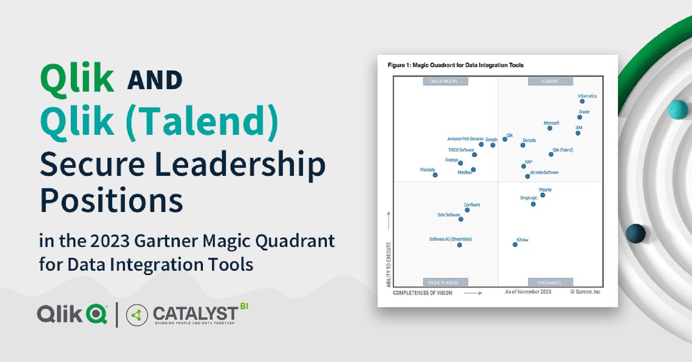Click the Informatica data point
tap(582, 101)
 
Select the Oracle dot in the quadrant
tap(580, 117)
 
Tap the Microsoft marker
tap(550, 128)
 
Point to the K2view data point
tap(515, 245)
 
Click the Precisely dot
tap(435, 175)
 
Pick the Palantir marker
tap(543, 195)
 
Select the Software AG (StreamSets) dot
tap(460, 245)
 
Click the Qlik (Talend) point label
tap(563, 150)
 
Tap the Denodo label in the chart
tap(529, 140)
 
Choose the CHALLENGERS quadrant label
tap(445, 81)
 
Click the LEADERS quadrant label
tap(550, 81)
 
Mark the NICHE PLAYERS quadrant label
tap(445, 282)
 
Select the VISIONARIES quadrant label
tap(550, 282)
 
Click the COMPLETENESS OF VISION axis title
tap(423, 293)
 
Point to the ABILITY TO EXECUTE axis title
tap(390, 265)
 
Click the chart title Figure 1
tap(456, 65)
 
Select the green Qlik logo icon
tap(96, 314)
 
